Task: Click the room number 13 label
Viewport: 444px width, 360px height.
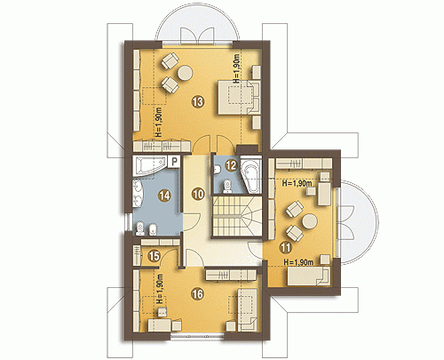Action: [x=198, y=101]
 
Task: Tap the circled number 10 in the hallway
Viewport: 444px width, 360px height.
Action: [x=198, y=195]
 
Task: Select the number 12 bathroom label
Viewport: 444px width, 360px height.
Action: [x=231, y=165]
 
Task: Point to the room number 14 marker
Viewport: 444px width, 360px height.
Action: [x=164, y=196]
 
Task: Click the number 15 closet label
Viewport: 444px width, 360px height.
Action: [x=154, y=256]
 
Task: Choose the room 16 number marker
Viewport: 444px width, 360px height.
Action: [x=198, y=294]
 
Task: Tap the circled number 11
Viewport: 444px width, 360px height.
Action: [x=286, y=247]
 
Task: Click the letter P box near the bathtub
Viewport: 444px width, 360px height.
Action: [x=174, y=162]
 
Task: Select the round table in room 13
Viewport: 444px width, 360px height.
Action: [x=185, y=73]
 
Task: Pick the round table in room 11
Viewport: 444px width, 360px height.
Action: [x=310, y=222]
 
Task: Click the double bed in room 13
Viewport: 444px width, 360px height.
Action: [x=239, y=97]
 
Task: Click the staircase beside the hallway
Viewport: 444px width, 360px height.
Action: [x=236, y=215]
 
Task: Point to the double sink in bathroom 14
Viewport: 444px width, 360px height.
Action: [x=139, y=193]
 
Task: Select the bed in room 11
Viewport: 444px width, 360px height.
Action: [x=309, y=276]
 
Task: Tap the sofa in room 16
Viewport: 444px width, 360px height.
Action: [x=246, y=310]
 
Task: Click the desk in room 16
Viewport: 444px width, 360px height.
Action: [x=160, y=324]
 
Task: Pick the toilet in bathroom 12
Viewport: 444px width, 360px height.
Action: [x=228, y=186]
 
